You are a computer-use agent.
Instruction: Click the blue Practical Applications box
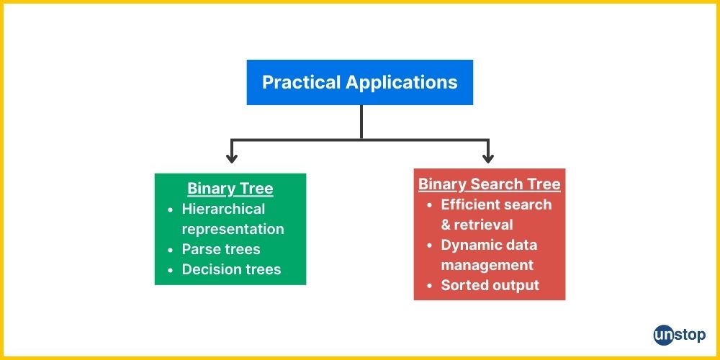[x=359, y=82]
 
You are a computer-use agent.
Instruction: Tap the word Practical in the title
[x=302, y=82]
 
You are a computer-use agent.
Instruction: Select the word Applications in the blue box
[x=401, y=83]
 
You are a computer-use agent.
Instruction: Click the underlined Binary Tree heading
[x=230, y=189]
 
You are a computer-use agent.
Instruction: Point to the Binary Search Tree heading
[x=489, y=184]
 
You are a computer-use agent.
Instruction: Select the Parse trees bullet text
[x=221, y=249]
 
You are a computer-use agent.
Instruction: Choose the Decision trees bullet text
[x=231, y=269]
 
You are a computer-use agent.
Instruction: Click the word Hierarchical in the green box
[x=224, y=209]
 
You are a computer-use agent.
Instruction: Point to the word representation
[x=233, y=230]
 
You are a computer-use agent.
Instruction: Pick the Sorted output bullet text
[x=490, y=285]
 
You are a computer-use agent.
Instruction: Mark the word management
[x=487, y=266]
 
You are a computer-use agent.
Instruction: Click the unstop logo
[x=680, y=335]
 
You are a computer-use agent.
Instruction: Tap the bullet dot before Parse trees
[x=171, y=251]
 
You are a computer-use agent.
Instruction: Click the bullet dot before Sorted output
[x=430, y=286]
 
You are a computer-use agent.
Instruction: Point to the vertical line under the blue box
[x=361, y=122]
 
